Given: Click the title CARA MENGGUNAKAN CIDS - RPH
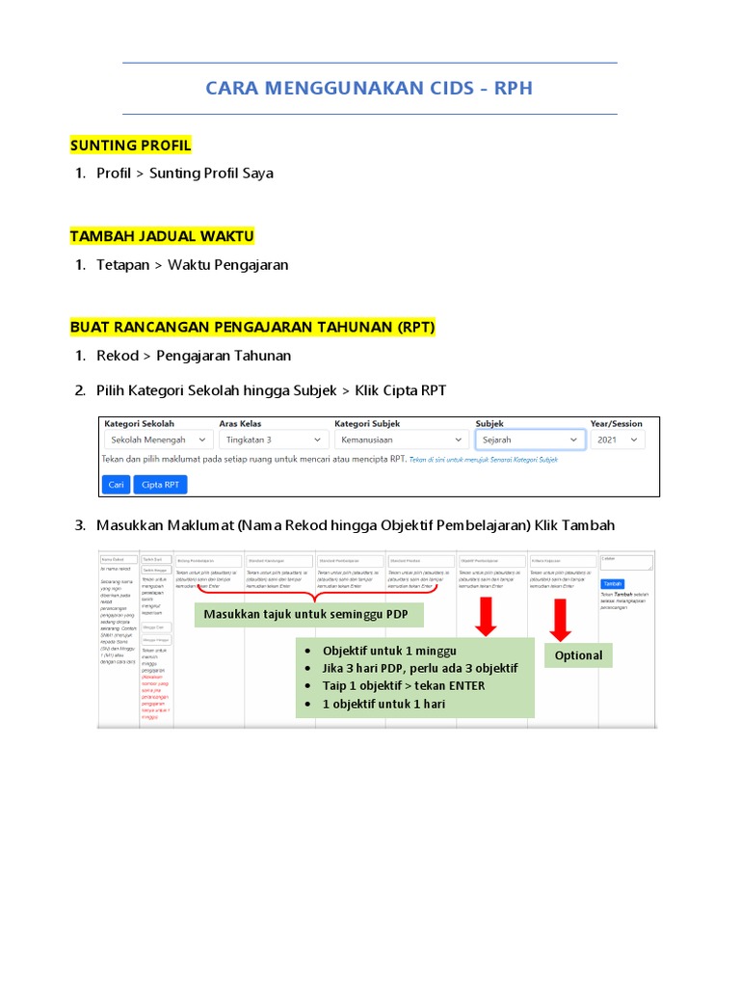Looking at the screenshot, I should [369, 89].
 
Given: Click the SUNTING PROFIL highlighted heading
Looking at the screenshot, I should [131, 145].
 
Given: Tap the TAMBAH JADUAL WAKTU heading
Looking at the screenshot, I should [162, 236].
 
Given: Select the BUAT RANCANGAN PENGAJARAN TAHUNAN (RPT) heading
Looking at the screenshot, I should [252, 328].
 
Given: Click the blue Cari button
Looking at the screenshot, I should [116, 485].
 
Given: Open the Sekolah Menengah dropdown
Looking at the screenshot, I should [158, 440].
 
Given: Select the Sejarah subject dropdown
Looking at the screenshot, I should [530, 440].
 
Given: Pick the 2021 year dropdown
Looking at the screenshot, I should [618, 440].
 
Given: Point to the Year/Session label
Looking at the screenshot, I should [616, 423].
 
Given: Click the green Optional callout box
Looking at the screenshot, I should [578, 655].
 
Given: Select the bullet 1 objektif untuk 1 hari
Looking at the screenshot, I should [383, 704].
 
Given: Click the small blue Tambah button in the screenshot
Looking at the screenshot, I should [612, 583].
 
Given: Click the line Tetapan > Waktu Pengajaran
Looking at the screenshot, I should [192, 265].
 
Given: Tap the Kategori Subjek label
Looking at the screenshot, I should [367, 423].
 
